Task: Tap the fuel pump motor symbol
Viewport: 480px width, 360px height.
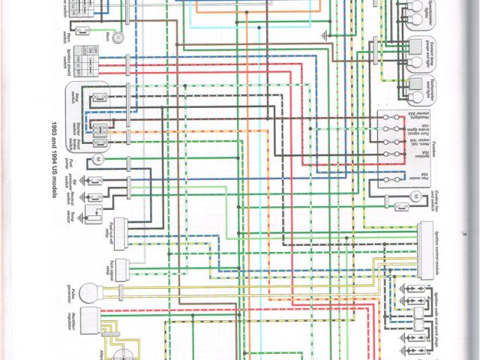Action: point(97,160)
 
